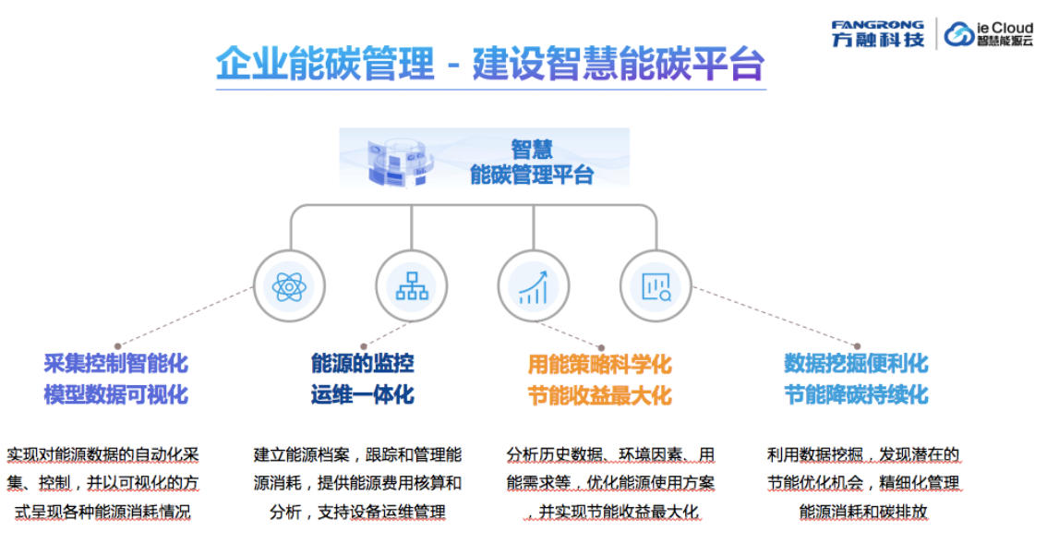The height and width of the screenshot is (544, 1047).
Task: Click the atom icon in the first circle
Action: [289, 286]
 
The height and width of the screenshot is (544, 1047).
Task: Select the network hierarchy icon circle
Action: [412, 286]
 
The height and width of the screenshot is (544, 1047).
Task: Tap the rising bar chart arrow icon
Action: [534, 286]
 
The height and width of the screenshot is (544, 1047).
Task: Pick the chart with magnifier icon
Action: [656, 286]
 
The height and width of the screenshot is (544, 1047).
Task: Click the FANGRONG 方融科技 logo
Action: [877, 34]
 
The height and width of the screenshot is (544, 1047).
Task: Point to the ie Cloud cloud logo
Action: [989, 34]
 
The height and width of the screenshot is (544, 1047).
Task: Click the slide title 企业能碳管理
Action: [324, 64]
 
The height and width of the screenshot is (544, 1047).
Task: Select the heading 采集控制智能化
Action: [116, 364]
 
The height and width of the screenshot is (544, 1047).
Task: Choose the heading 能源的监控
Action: [363, 364]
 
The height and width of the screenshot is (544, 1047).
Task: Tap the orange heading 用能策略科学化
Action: [599, 365]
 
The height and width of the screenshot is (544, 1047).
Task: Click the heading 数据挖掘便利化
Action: [856, 364]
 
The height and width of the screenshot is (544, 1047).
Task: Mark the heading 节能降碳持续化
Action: [856, 394]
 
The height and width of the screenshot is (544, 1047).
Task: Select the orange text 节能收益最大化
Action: [599, 395]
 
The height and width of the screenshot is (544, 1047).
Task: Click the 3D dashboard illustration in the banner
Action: [399, 161]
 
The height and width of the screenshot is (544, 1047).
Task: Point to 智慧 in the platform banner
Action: [532, 149]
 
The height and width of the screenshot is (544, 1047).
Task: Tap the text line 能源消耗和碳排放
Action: [863, 512]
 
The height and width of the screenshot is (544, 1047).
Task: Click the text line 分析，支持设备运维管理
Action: [357, 512]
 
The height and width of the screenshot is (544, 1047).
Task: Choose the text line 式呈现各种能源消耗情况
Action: [102, 512]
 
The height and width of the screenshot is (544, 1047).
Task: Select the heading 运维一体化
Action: [363, 394]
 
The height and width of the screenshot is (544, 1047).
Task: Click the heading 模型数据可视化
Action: [116, 394]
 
